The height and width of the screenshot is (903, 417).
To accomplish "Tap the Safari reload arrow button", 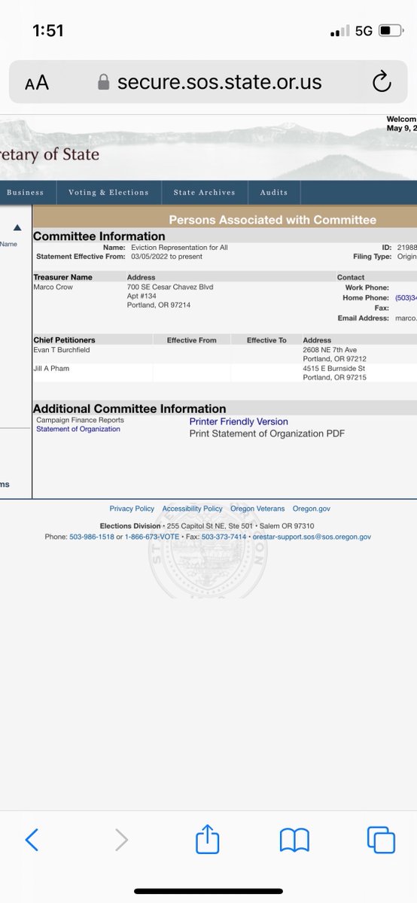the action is (382, 81).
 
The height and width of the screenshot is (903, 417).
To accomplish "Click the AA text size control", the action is (37, 83).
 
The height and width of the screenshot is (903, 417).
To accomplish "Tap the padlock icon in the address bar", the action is (104, 82).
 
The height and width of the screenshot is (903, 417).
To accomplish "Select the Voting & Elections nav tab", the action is (108, 193).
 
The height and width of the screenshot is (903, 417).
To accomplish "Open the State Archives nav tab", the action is (204, 193).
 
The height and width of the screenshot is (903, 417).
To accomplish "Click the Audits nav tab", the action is (274, 193).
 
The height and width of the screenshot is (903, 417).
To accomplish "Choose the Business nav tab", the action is (25, 193).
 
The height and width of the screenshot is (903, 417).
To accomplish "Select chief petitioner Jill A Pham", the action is (51, 368).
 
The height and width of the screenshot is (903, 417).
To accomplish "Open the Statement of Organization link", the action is (78, 429).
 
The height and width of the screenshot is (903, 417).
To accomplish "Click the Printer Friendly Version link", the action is (239, 421).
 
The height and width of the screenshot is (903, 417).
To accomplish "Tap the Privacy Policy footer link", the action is (132, 509).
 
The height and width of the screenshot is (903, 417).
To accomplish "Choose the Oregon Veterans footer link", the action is (257, 509).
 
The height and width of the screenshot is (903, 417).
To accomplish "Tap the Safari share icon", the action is (207, 839).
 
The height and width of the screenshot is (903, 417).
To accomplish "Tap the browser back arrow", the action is (32, 839).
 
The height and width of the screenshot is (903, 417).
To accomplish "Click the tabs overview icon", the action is (381, 839).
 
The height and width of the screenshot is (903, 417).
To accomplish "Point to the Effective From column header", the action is (191, 340).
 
